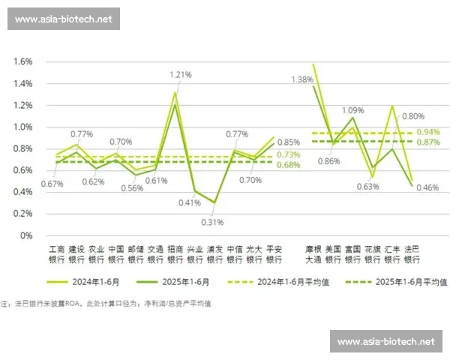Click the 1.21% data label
pos(181,74)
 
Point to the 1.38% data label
pos(301,79)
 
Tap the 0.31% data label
pos(213,221)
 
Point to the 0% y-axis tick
pos(27,235)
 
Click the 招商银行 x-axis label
pos(174,254)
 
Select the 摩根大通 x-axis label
pos(313,254)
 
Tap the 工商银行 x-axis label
pos(57,254)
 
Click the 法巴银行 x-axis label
pos(412,254)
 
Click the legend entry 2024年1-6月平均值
pos(297,282)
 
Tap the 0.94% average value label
pos(427,132)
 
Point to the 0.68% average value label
pos(288,165)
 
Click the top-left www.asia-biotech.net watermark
pos(62,19)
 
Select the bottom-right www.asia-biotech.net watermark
pos(385,341)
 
